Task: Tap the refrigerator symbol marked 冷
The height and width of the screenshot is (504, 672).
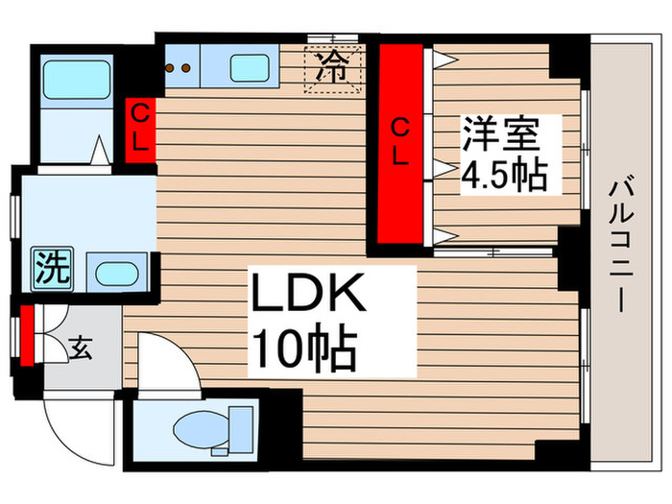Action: coord(333,66)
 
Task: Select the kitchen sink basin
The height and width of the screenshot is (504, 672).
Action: coord(249,66)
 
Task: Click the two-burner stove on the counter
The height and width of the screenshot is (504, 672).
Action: coord(180,68)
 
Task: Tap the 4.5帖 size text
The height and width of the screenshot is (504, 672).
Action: coord(503,176)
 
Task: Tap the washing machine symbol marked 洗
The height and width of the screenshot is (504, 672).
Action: coord(51,266)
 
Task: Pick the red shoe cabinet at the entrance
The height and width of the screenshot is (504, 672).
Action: coord(27,336)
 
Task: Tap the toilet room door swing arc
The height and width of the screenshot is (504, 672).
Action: coord(157,360)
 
